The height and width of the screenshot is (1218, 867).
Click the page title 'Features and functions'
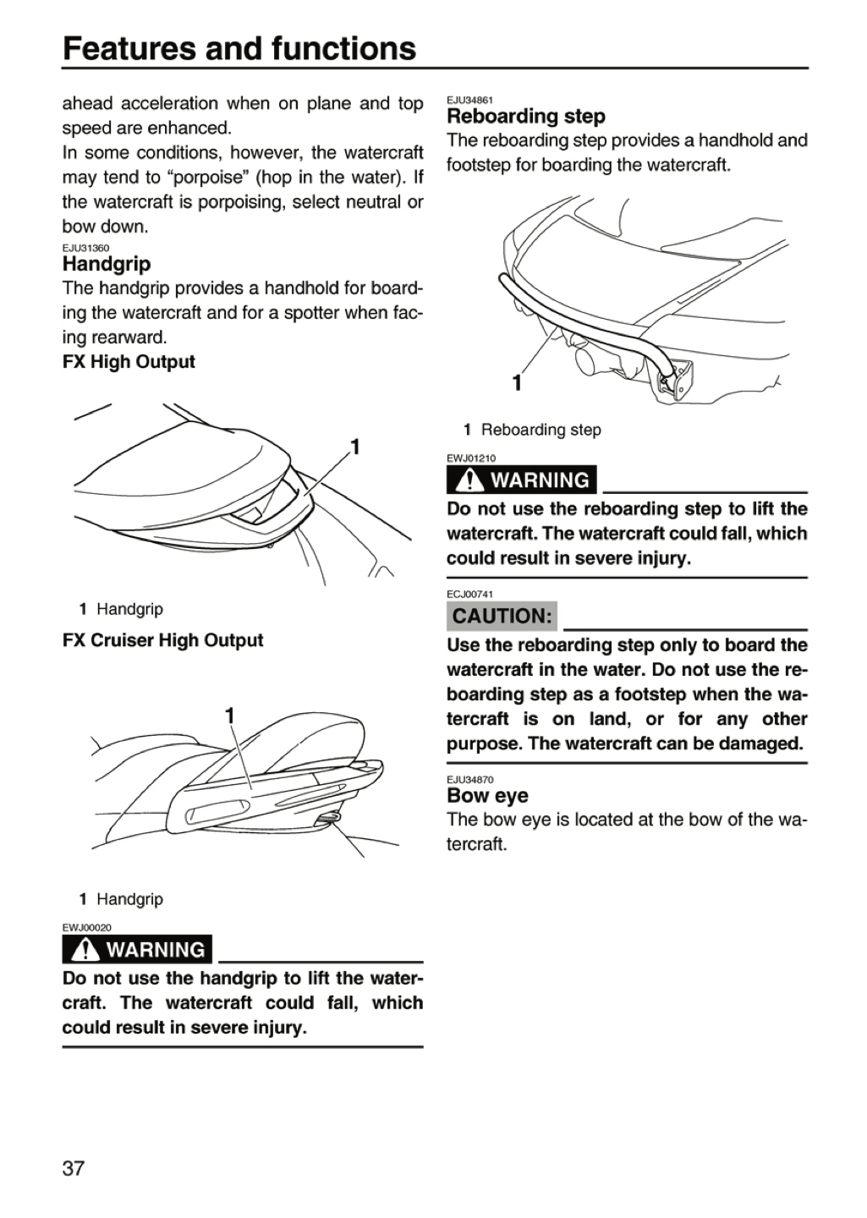[x=239, y=48]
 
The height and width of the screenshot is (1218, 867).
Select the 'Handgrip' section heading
[x=107, y=264]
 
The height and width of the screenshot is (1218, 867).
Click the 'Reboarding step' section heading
[x=526, y=117]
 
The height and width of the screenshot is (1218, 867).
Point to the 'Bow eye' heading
[x=487, y=795]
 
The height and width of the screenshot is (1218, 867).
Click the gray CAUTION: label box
[x=502, y=616]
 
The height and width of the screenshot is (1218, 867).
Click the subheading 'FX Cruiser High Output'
[x=162, y=640]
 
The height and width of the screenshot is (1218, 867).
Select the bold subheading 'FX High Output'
[x=129, y=362]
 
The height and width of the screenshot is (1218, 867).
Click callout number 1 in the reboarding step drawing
[x=518, y=383]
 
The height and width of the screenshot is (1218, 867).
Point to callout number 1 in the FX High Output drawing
[x=354, y=447]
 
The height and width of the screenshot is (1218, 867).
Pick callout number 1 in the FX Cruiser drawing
[x=230, y=716]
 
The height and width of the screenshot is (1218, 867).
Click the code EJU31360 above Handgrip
[x=86, y=248]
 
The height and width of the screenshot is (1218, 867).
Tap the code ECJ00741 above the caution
[x=470, y=595]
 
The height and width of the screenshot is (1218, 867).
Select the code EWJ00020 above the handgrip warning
[x=86, y=928]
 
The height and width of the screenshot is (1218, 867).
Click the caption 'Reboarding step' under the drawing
[x=541, y=430]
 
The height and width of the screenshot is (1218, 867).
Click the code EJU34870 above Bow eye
[x=470, y=780]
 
